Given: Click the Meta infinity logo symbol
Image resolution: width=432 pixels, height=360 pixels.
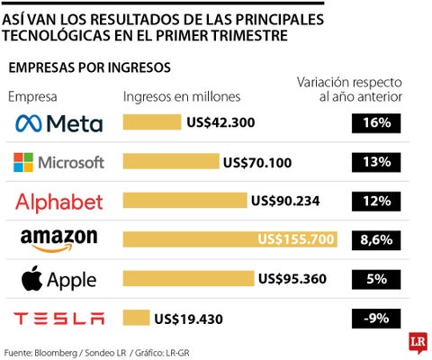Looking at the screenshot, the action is coord(29,123).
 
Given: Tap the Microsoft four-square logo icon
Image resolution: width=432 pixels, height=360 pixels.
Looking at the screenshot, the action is coord(23,162).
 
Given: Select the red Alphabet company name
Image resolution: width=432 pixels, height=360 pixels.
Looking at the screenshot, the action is coord(59,202).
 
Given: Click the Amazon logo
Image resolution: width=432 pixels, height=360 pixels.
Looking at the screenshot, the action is coord(59,240).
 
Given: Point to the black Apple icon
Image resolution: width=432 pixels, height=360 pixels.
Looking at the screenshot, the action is coord(31,278).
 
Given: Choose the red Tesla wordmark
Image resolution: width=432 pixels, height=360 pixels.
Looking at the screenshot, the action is coord(59,319).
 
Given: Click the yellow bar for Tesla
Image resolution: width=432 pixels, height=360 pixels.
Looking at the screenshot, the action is coord(136,318).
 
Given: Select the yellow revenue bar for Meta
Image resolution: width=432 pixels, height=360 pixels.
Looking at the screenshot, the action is coord(152,122).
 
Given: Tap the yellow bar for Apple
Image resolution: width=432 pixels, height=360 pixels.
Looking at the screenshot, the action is coord(188,278).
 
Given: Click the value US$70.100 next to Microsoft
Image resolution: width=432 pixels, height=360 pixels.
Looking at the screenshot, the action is coord(257,163).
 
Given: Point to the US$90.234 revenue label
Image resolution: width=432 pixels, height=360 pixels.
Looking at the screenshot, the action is coord(285,201).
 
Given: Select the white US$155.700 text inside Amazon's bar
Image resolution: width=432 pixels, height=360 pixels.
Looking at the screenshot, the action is coord(296,239).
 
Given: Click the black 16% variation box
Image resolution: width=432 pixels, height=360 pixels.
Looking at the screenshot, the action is coord(376,123).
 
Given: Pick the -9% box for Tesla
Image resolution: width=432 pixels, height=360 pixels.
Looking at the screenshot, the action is coord(376,319).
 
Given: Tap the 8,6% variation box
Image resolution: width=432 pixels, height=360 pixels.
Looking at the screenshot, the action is coord(376,240).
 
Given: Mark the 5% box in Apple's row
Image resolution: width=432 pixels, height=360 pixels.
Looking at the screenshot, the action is coord(376,279).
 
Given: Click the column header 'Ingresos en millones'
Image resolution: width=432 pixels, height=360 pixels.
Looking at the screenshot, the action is coord(182,97).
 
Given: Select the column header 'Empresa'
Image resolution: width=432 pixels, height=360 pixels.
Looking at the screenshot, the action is coord(32,97).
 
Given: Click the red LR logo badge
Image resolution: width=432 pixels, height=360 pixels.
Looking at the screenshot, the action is coord(418,342).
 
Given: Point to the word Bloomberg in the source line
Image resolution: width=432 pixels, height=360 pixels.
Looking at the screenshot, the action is coord(56,353).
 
